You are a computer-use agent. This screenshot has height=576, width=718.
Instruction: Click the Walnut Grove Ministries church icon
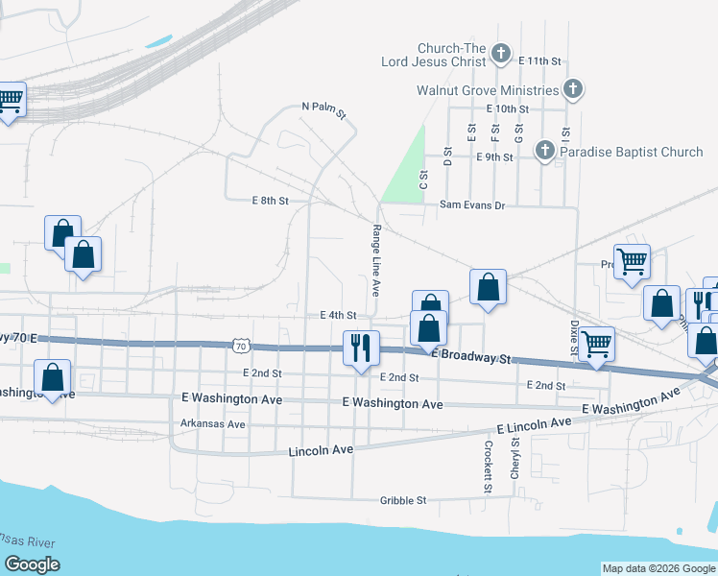572,90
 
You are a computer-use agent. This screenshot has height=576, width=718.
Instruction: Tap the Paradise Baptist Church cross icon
544,151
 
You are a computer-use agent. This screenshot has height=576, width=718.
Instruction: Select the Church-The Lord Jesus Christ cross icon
500,54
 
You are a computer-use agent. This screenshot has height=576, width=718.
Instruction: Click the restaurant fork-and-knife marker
362,347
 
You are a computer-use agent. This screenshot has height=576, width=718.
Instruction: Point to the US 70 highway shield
241,345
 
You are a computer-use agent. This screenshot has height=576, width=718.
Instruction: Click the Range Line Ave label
376,260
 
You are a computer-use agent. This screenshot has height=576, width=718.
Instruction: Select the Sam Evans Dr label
472,204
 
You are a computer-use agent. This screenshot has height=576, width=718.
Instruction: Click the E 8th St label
270,201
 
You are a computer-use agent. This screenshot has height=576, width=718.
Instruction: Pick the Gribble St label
402,500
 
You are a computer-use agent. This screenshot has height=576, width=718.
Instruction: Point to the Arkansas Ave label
213,424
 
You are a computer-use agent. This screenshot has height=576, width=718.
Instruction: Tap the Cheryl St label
515,459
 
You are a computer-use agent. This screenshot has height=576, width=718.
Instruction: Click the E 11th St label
538,60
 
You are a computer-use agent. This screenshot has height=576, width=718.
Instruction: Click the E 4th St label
338,315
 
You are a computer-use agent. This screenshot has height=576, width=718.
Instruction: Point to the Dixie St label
573,337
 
